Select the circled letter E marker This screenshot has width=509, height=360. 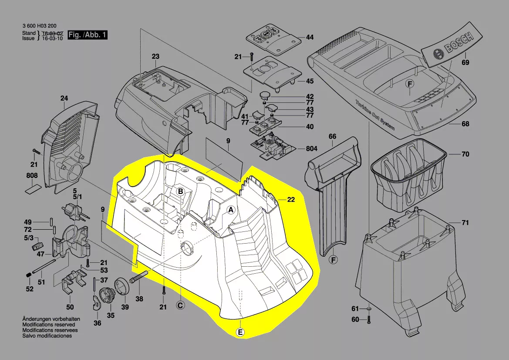click(240, 333)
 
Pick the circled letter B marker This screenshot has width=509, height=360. click(180, 190)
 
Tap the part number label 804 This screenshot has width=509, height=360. click(311, 149)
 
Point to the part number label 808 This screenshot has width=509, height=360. click(32, 176)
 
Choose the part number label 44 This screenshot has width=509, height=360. click(310, 37)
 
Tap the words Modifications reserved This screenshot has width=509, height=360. click(48, 325)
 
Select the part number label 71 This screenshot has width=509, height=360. click(465, 223)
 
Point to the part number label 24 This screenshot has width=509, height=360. click(64, 98)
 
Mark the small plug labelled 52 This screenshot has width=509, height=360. click(27, 275)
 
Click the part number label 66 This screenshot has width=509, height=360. click(333, 136)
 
